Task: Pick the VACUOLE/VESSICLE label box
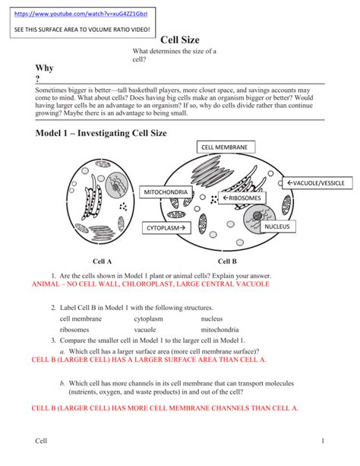point(318,183)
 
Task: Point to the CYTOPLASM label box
point(166,227)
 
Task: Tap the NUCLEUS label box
point(279,227)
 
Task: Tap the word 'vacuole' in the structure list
point(145,330)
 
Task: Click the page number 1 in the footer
point(323,441)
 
